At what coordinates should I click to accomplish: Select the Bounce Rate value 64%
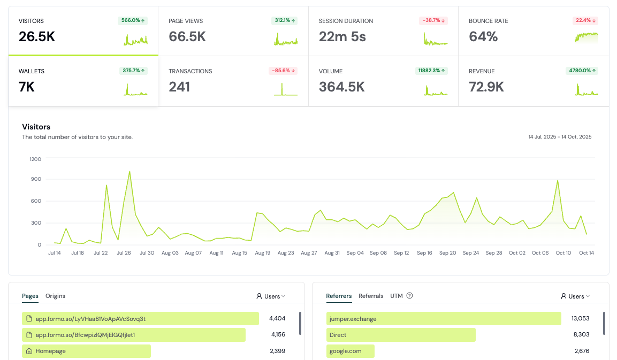[x=483, y=37]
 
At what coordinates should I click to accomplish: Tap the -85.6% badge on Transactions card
[x=283, y=71]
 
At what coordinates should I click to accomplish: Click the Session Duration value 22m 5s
[x=342, y=37]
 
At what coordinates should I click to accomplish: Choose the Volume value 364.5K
[x=342, y=87]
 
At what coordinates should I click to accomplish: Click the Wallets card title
[x=32, y=71]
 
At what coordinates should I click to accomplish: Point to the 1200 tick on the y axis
[x=35, y=159]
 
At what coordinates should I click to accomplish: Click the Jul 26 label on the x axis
[x=124, y=253]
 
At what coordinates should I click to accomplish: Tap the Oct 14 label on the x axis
[x=586, y=253]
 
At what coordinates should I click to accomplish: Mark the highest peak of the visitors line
[x=130, y=172]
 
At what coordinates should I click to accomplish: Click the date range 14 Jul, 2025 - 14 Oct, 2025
[x=560, y=137]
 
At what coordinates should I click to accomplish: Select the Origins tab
[x=55, y=296]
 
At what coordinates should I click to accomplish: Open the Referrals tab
[x=371, y=296]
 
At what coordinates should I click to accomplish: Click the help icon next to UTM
[x=409, y=296]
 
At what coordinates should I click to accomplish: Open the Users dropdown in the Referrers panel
[x=575, y=296]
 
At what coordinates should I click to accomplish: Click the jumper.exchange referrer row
[x=444, y=319]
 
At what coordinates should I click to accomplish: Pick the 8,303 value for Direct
[x=580, y=335]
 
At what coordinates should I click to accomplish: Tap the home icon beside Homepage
[x=28, y=351]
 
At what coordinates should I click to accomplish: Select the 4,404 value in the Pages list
[x=277, y=319]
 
